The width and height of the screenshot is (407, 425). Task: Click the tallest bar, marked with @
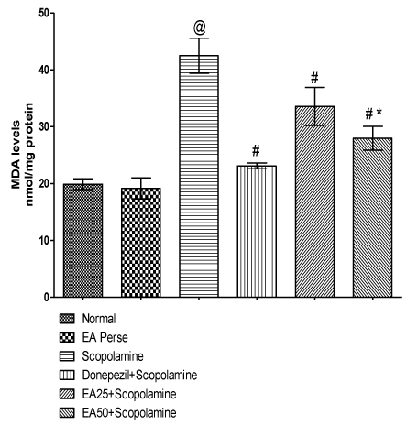[199, 176]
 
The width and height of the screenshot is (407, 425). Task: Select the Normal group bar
[82, 240]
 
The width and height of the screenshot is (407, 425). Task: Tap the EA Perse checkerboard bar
[141, 243]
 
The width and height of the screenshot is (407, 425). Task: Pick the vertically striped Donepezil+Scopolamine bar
[257, 231]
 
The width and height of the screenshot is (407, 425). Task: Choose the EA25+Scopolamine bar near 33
[314, 202]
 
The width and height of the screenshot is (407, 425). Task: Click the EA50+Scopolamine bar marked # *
[372, 217]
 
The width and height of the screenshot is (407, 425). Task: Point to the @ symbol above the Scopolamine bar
[200, 28]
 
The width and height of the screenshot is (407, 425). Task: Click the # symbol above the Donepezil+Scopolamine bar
[256, 151]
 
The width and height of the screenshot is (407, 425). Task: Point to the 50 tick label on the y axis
[44, 13]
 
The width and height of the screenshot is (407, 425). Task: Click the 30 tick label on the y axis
[44, 126]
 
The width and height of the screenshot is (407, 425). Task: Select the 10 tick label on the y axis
[44, 240]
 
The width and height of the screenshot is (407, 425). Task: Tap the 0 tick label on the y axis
[47, 297]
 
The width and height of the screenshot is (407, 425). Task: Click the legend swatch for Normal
[67, 319]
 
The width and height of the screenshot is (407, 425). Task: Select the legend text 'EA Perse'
[104, 338]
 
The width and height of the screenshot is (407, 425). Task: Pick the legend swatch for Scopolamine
[67, 356]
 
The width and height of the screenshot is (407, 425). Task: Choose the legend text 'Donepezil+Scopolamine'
[139, 375]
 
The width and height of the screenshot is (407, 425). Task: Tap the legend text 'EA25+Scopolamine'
[129, 394]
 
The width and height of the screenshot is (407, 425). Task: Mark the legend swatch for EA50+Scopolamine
[67, 413]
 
